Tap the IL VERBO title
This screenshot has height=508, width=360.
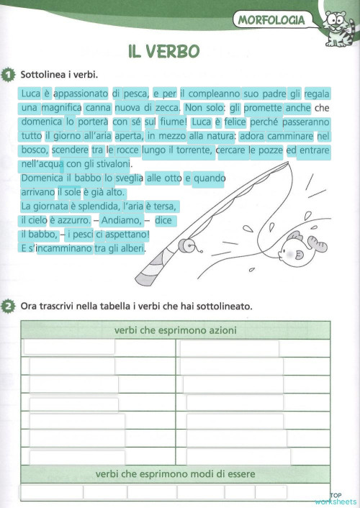(164, 51)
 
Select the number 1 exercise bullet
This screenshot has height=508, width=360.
(8, 73)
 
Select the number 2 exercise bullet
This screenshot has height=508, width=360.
(8, 307)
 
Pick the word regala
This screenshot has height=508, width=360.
(317, 94)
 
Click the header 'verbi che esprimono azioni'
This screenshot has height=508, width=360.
(176, 330)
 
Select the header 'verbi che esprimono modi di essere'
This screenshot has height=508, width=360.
(176, 474)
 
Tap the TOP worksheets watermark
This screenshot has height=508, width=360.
(335, 499)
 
